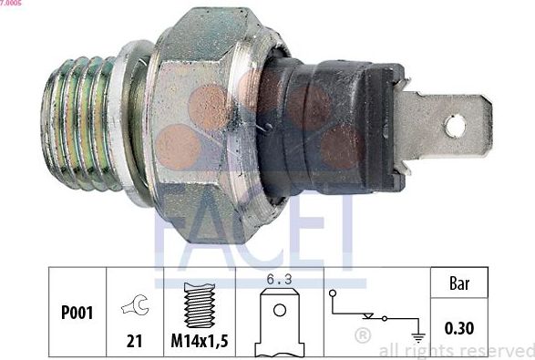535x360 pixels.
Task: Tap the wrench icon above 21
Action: click(134, 307)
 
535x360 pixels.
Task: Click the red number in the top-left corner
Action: click(11, 4)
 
